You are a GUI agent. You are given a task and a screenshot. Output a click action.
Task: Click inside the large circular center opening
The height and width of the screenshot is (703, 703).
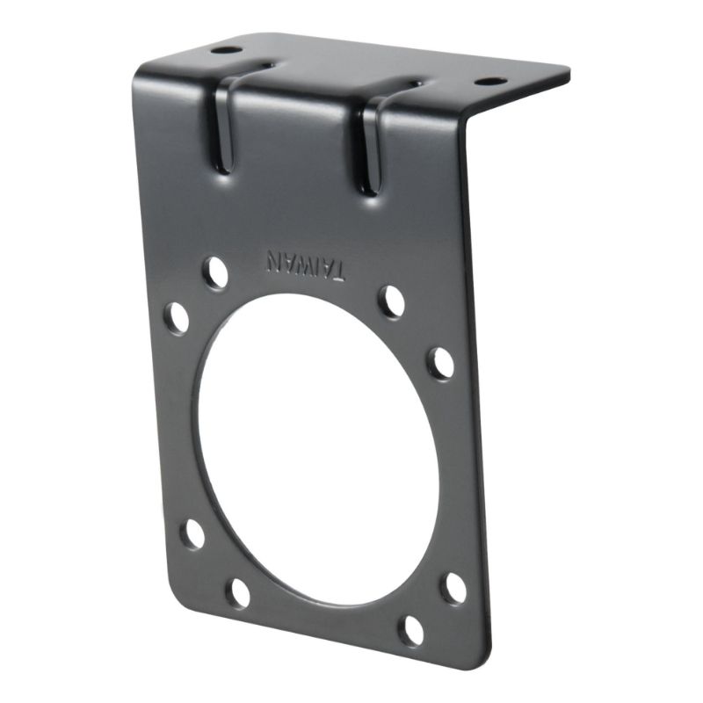[x=316, y=448]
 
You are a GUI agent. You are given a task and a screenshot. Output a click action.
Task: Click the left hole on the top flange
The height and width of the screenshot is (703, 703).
[x=226, y=50]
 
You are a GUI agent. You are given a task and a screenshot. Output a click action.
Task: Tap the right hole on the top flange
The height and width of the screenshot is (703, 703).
[x=490, y=82]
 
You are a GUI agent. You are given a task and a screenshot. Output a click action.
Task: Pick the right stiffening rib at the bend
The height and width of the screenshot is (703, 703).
[x=373, y=145]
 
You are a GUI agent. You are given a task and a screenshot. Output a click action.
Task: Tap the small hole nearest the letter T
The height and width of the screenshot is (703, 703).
[x=391, y=301]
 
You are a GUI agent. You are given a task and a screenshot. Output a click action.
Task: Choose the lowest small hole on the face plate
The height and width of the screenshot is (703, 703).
[x=410, y=629]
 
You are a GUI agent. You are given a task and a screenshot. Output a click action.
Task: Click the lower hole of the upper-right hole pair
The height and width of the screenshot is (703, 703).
[x=440, y=362]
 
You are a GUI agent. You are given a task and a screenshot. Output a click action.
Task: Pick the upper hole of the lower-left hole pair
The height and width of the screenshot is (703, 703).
[x=192, y=534]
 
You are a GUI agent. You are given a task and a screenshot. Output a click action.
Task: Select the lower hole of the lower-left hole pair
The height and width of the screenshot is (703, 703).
[x=238, y=592]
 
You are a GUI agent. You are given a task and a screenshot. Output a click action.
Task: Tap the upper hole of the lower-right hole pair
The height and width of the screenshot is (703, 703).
[x=454, y=587]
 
